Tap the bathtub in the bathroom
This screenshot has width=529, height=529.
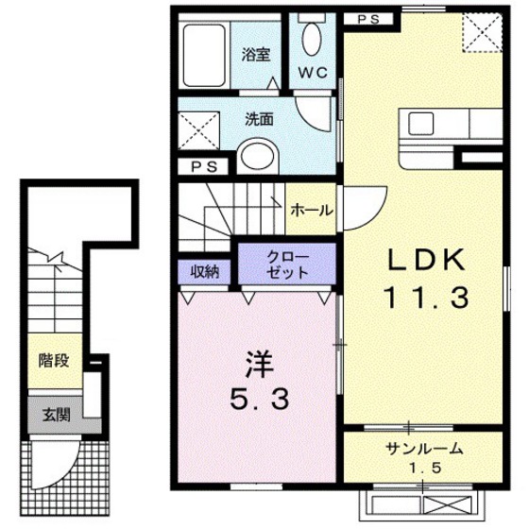[x=202, y=53]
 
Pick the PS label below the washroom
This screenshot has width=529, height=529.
[x=201, y=166]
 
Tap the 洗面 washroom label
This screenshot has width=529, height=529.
[x=260, y=120]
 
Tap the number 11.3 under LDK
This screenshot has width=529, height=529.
[x=426, y=299]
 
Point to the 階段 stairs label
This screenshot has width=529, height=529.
[x=53, y=360]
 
